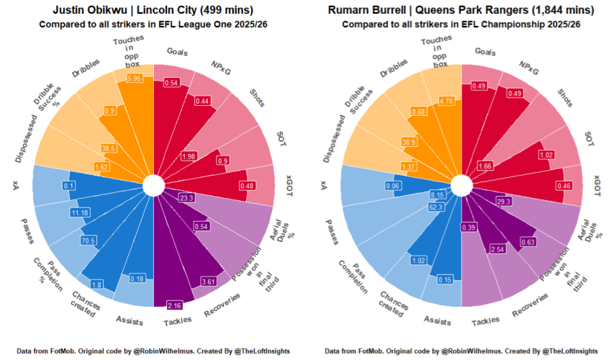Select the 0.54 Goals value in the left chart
(172, 83)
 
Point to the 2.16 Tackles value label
(174, 305)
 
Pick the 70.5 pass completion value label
(88, 240)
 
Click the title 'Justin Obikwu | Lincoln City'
(153, 10)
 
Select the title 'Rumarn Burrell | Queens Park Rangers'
(460, 10)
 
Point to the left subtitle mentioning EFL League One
(153, 24)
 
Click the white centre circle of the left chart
(153, 185)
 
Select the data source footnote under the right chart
(460, 351)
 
